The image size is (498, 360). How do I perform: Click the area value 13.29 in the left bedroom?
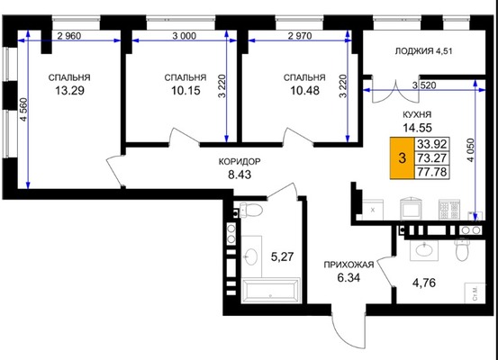point(70,91)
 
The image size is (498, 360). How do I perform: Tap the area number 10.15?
point(186,91)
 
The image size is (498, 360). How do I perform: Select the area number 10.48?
point(305,91)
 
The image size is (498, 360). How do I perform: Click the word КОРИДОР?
point(240,162)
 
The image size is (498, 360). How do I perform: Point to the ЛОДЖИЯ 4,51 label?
point(423,51)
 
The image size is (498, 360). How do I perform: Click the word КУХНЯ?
point(417,114)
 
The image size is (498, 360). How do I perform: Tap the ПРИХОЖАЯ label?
point(349,265)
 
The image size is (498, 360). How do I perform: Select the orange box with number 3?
point(402,157)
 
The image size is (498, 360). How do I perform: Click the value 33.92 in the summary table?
point(432,144)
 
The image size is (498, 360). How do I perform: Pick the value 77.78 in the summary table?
point(432,172)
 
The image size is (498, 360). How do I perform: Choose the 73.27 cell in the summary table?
point(432,157)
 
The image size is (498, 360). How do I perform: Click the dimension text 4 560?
point(23,110)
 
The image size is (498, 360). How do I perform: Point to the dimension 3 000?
point(185,36)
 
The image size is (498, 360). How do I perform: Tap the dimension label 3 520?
point(424,85)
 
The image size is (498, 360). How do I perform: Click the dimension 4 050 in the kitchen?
point(471,150)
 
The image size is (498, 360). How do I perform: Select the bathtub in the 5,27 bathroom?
point(271,290)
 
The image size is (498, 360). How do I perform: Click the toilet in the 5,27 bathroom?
point(251,210)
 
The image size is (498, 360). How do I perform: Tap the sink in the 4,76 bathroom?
point(423,249)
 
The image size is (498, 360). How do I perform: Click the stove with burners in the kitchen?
point(449,209)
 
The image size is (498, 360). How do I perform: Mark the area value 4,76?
point(424,283)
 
